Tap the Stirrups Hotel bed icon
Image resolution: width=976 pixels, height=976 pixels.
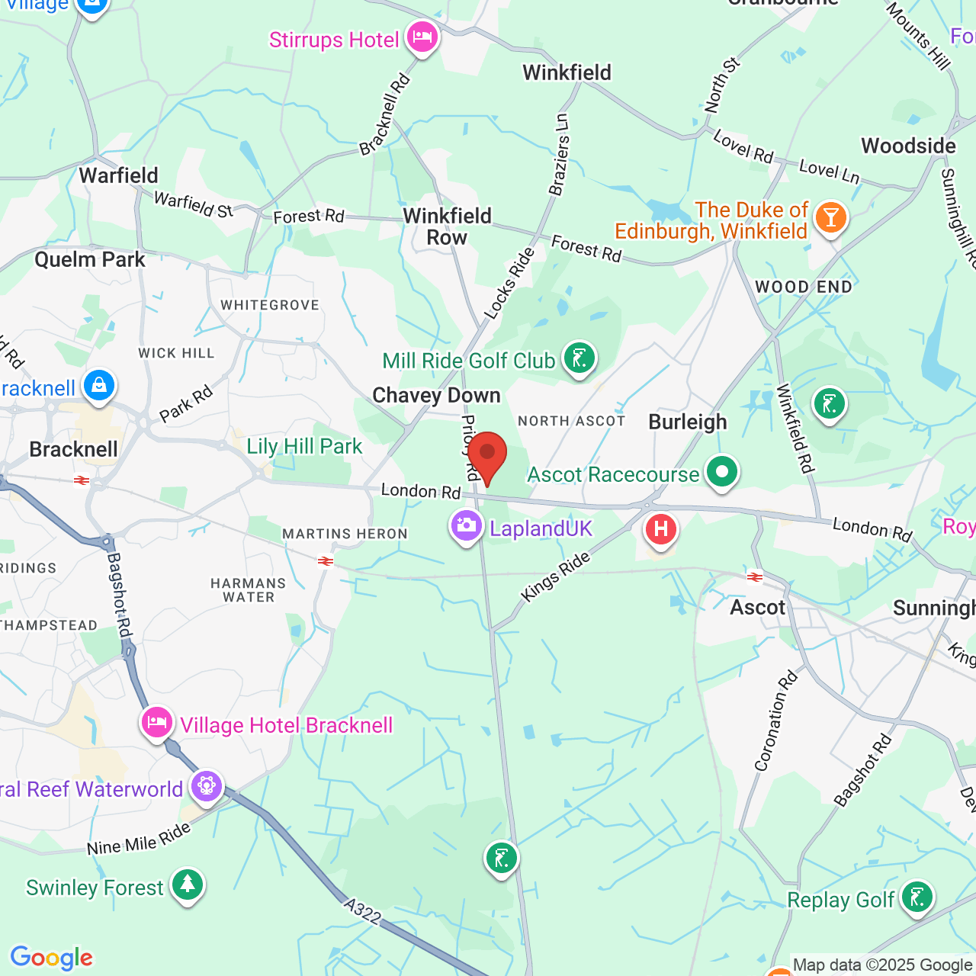tap(422, 36)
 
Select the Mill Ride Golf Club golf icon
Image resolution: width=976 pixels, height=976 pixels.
tap(579, 358)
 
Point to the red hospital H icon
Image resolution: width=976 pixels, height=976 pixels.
tap(661, 528)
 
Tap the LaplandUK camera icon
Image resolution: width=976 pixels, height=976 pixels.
tap(466, 525)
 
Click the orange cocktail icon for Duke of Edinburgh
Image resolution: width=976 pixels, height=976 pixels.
tap(830, 217)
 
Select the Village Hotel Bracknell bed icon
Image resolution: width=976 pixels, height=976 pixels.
tap(157, 721)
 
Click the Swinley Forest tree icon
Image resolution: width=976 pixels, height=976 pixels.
tap(188, 884)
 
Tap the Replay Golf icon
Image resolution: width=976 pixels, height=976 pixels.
tap(917, 897)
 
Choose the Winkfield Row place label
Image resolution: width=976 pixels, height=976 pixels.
tap(447, 226)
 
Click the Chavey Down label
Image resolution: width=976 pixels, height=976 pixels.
tap(436, 395)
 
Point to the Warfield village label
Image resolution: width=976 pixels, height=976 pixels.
tap(118, 175)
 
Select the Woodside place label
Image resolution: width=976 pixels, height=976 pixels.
tap(908, 146)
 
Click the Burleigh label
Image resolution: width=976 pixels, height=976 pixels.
tap(688, 422)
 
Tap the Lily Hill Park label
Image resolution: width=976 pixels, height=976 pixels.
tap(304, 446)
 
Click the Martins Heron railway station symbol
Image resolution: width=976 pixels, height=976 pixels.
tap(326, 561)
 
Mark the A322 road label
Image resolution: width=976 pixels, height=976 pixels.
tap(362, 911)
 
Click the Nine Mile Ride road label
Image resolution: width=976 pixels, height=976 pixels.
tap(139, 839)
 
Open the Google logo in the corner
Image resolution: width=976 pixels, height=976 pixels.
tap(51, 958)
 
